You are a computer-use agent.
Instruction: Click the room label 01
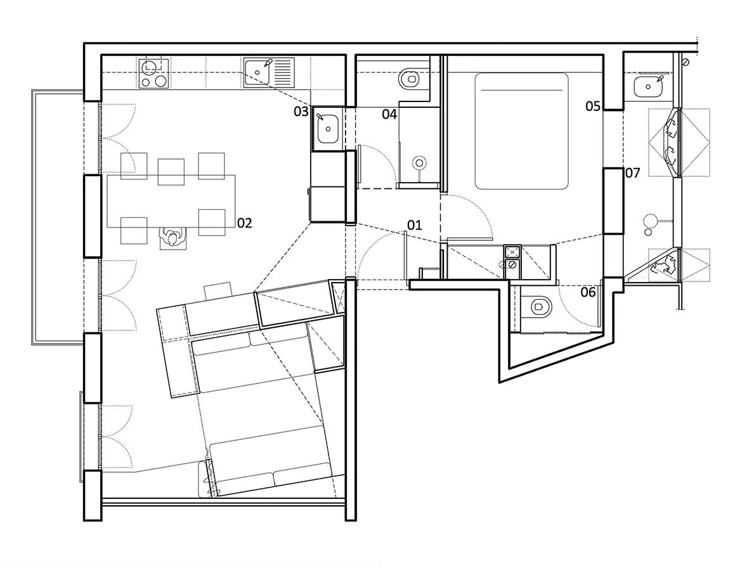[x=414, y=225]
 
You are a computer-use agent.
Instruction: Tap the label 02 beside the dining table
[x=245, y=223]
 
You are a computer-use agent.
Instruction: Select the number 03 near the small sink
[x=301, y=112]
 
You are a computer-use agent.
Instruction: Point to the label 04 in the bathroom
[x=389, y=115]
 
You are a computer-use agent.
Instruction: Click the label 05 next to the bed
[x=593, y=106]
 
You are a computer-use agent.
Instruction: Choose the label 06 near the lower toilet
[x=589, y=292]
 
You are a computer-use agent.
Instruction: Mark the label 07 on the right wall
[x=632, y=172]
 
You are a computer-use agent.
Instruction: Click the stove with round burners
[x=152, y=73]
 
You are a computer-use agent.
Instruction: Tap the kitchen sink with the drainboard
[x=268, y=72]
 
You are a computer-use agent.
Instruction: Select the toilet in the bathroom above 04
[x=410, y=80]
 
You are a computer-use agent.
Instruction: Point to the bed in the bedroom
[x=521, y=130]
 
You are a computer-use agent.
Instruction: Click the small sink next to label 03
[x=328, y=129]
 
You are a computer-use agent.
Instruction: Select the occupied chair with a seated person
[x=172, y=238]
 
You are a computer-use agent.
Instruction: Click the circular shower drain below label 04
[x=419, y=164]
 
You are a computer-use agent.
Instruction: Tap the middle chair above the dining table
[x=171, y=170]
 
